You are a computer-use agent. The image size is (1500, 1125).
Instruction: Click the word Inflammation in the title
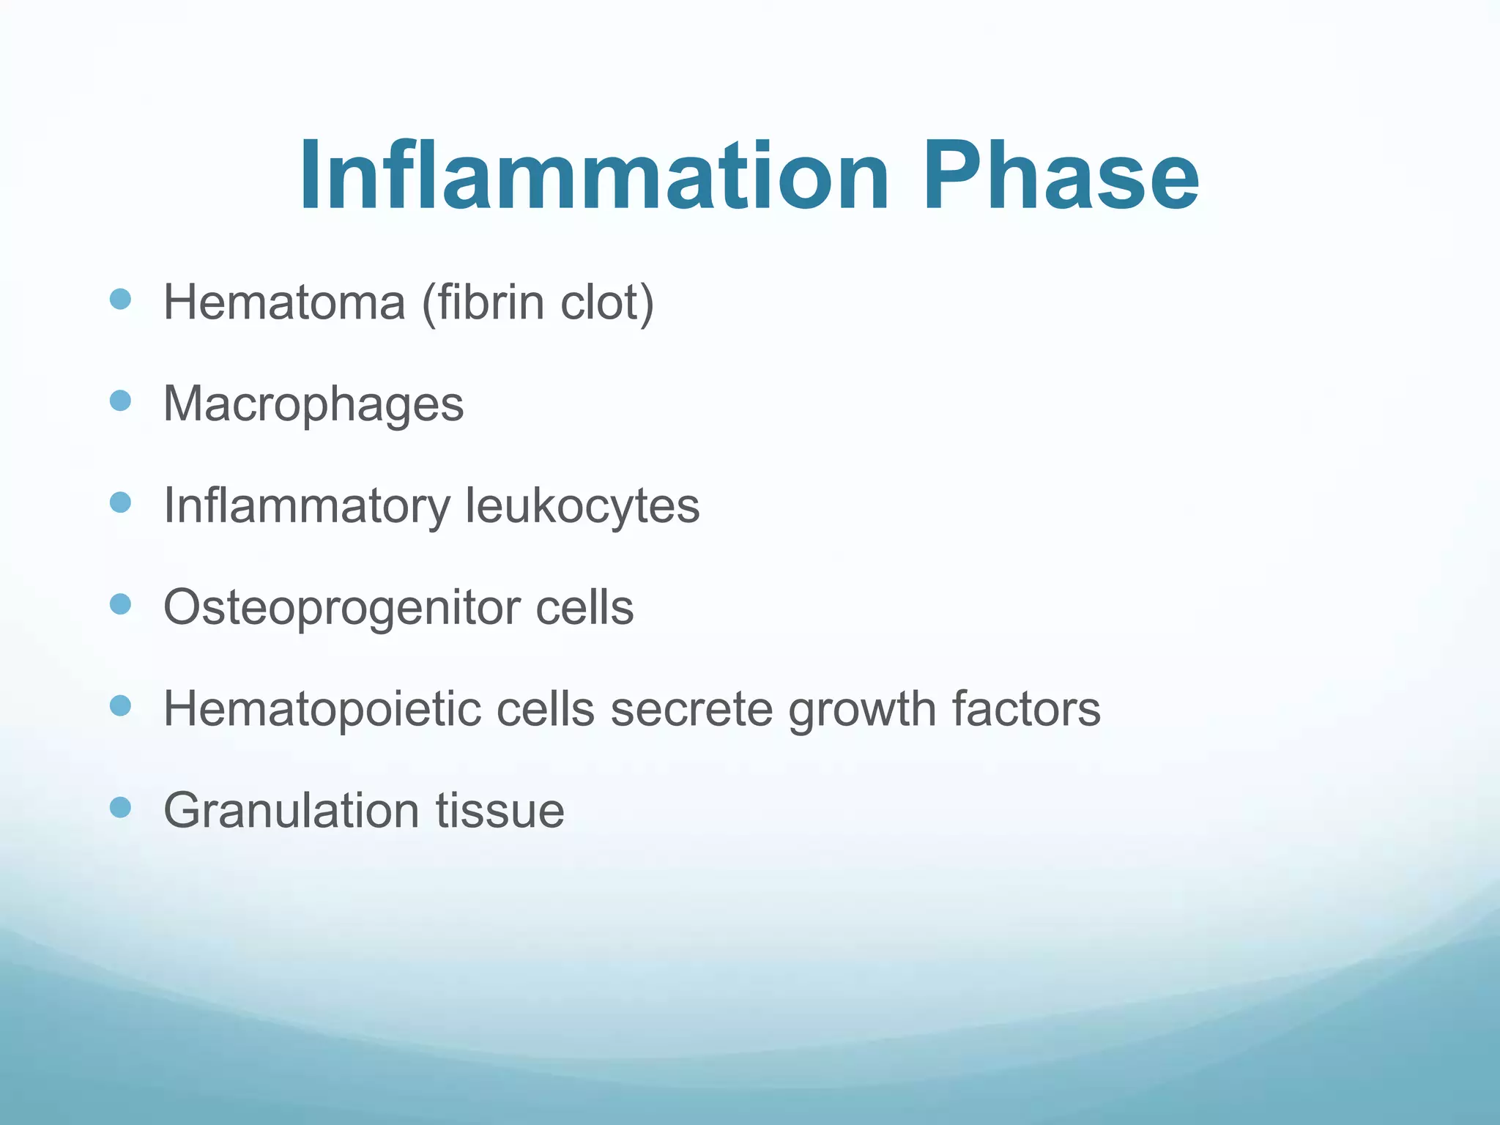click(x=593, y=177)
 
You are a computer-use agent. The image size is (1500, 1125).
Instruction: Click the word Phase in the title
click(x=1060, y=177)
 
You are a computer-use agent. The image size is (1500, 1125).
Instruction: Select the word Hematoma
click(x=284, y=302)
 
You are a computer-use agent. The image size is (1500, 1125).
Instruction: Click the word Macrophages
click(x=313, y=404)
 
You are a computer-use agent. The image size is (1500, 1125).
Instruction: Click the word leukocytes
click(x=582, y=505)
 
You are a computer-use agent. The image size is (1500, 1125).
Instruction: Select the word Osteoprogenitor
click(x=341, y=608)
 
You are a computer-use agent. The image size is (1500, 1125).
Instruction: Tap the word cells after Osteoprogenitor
click(x=584, y=608)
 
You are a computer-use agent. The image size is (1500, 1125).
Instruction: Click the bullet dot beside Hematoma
click(x=120, y=299)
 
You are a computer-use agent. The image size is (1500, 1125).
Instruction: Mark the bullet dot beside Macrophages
click(x=120, y=401)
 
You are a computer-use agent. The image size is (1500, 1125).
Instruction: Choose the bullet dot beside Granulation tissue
click(x=120, y=807)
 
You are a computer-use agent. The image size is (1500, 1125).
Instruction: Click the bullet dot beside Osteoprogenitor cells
click(x=120, y=604)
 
